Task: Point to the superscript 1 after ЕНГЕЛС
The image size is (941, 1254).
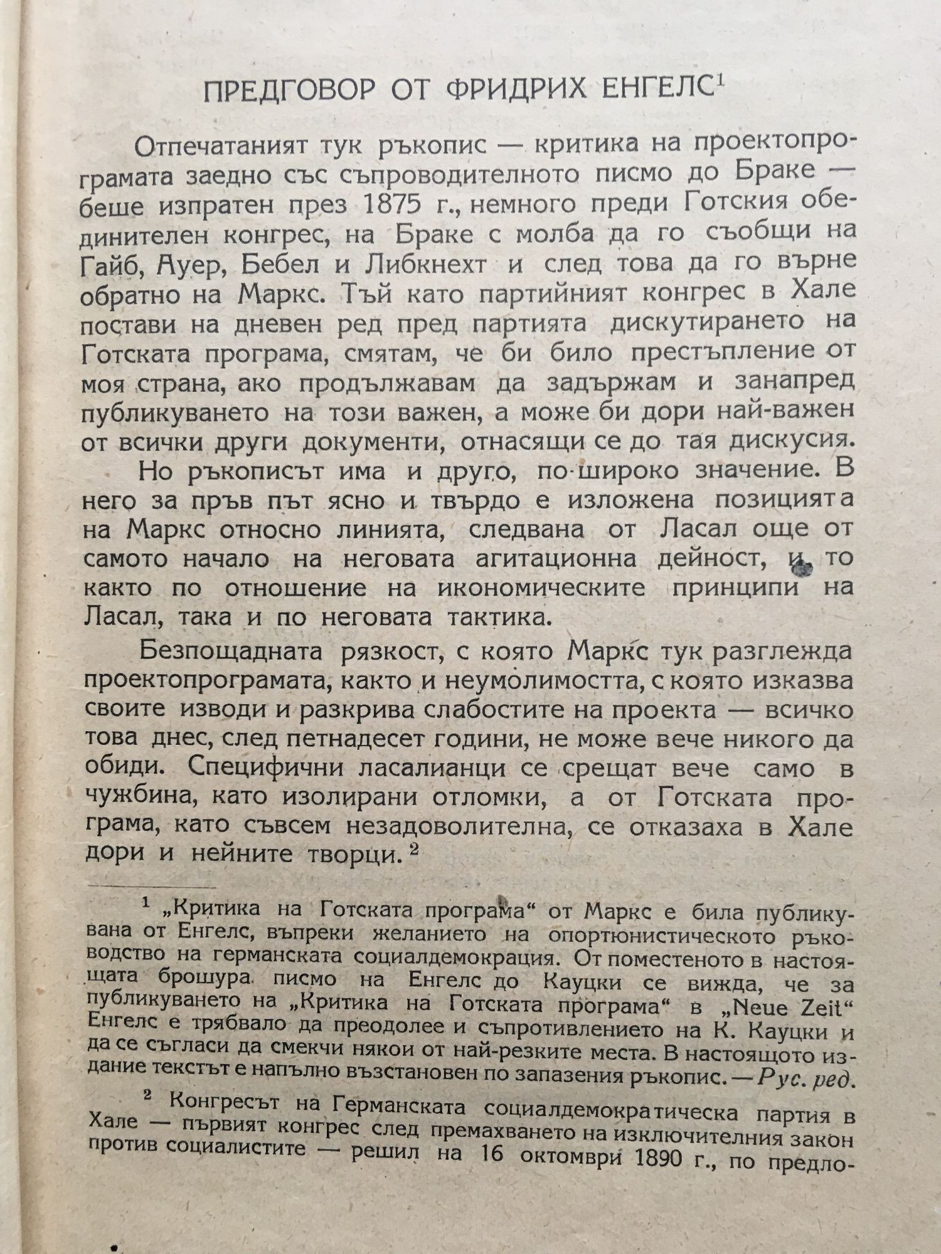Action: click(719, 82)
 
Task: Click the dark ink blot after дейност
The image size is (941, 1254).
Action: click(803, 569)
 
